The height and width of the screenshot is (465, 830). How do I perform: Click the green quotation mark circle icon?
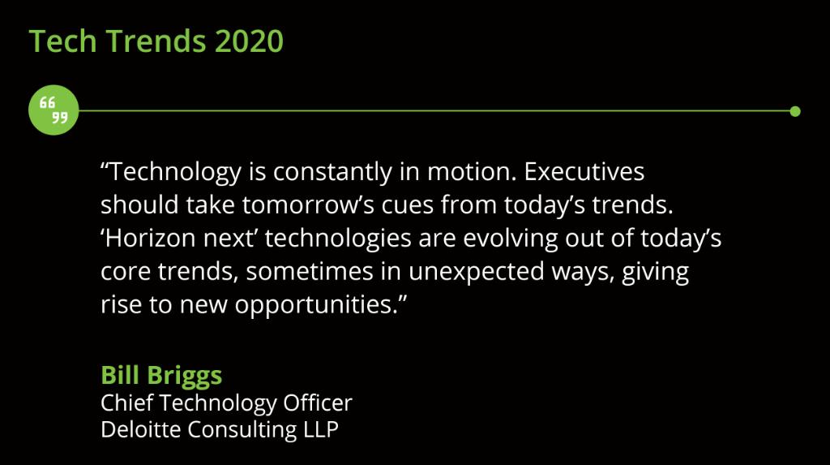(x=53, y=110)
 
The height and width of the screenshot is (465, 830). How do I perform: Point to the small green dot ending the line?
(x=795, y=111)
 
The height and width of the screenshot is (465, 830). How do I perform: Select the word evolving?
(x=511, y=239)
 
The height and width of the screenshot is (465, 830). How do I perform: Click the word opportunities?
(x=319, y=307)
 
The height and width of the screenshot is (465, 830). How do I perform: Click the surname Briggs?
(x=185, y=377)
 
